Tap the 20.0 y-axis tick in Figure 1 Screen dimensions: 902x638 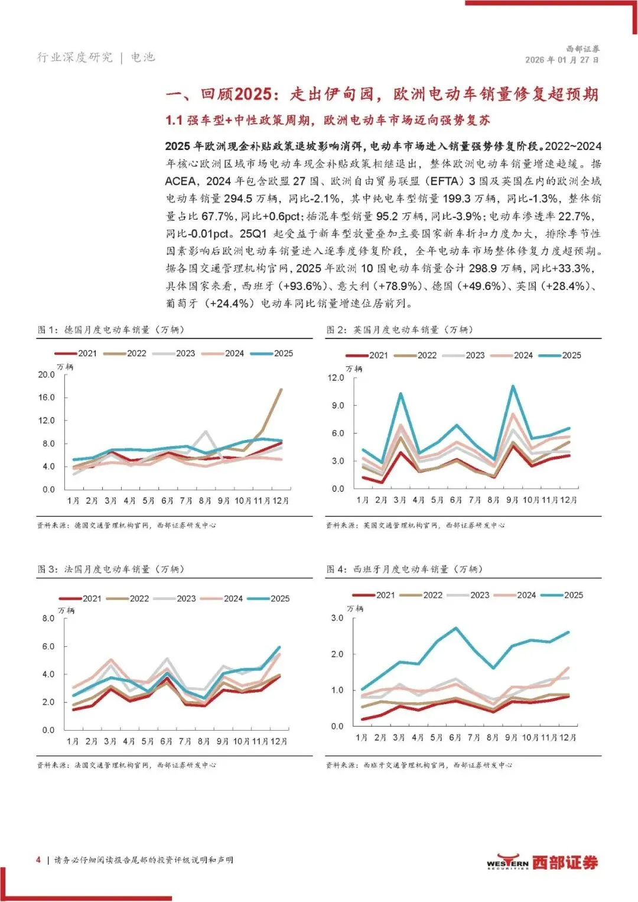point(46,375)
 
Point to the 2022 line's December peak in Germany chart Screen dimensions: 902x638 point(281,389)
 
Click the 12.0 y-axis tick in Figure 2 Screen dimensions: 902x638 point(336,377)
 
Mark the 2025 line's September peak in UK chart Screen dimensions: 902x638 point(512,386)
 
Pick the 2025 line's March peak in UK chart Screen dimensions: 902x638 point(401,393)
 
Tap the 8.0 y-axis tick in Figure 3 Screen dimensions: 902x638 point(48,618)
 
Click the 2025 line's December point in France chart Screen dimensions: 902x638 point(279,647)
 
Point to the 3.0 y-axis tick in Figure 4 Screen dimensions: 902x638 point(337,618)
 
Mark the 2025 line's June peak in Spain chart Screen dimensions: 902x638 point(455,628)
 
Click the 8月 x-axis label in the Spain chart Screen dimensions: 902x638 point(493,738)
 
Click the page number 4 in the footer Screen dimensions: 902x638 point(38,859)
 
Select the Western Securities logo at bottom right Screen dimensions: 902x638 point(542,862)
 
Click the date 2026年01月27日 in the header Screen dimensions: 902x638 point(562,60)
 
